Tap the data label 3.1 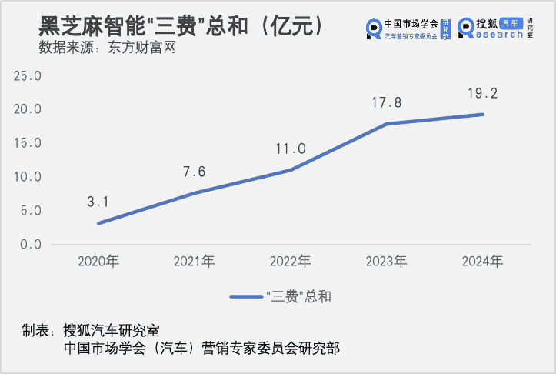(x=98, y=202)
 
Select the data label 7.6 (x=194, y=172)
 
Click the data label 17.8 (x=387, y=102)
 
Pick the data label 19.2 (x=483, y=93)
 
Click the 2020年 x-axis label (x=98, y=262)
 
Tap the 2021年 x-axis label (x=194, y=262)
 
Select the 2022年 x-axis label (x=291, y=262)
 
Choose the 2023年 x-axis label (x=387, y=262)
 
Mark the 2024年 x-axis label (x=483, y=262)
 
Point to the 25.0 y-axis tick (x=28, y=75)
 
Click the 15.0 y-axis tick (x=28, y=143)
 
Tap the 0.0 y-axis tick (x=31, y=245)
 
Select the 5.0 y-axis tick (x=31, y=211)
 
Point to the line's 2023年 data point (x=387, y=124)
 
